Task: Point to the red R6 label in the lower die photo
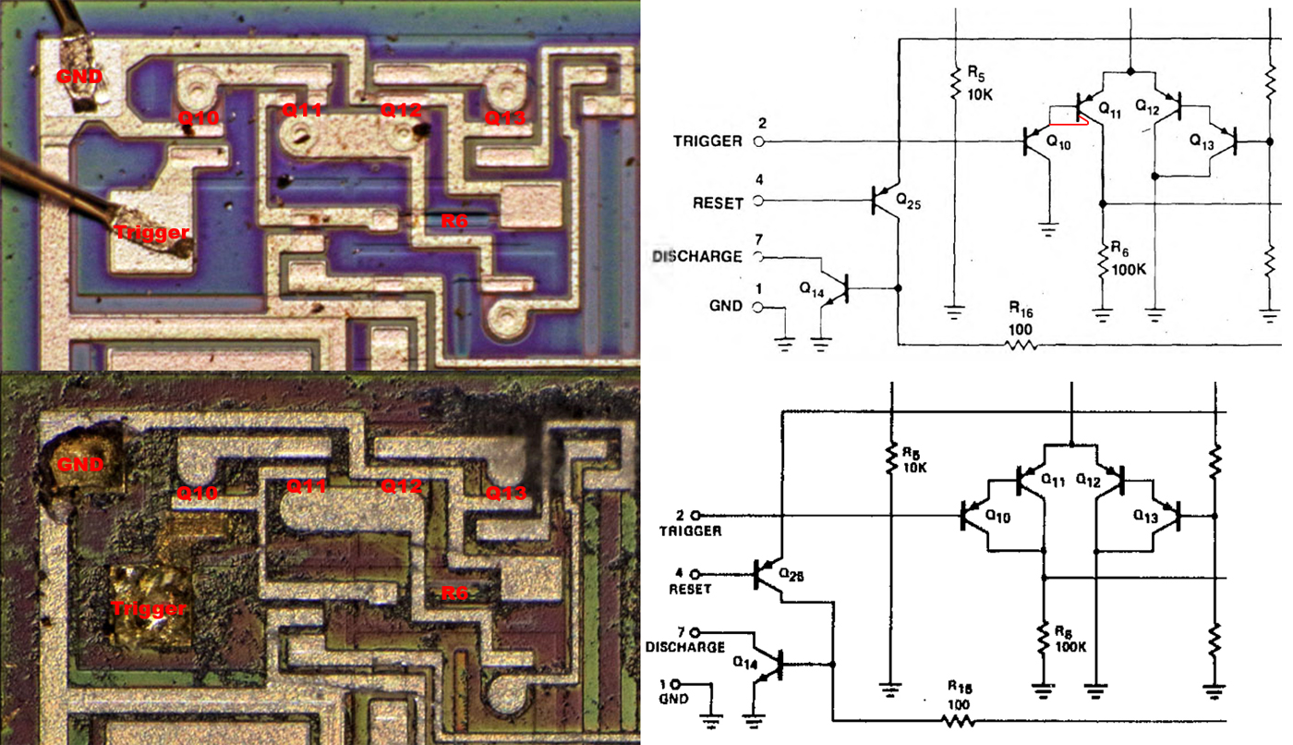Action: pos(454,592)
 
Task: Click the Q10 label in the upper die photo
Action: pos(199,117)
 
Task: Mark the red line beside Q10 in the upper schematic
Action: pos(1069,123)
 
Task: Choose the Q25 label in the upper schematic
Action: pos(908,202)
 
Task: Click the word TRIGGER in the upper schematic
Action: pos(707,141)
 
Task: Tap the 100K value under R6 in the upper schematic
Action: pos(1128,269)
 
